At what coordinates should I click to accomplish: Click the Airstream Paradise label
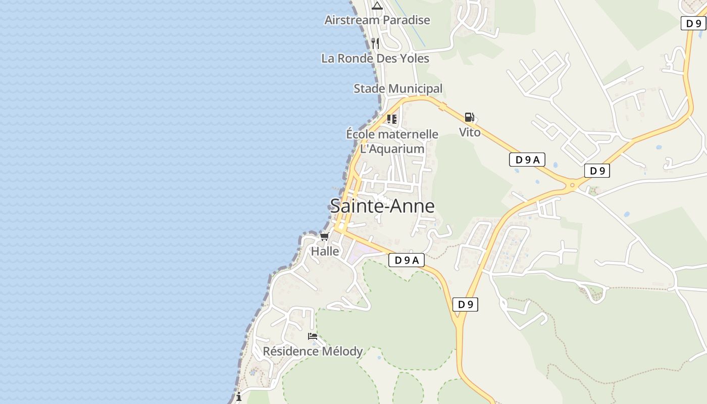pos(377,20)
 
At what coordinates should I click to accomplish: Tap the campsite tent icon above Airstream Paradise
pos(377,6)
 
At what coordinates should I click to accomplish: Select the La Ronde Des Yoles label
pos(375,59)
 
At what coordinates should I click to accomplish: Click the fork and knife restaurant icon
pos(375,43)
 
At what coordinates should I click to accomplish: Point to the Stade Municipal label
pos(398,89)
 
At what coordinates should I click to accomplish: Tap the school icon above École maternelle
pos(392,119)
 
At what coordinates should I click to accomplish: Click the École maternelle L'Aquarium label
pos(392,141)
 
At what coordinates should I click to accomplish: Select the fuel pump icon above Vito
pos(469,118)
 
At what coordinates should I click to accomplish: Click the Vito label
pos(470,132)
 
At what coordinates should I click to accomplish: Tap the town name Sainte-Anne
pos(382,206)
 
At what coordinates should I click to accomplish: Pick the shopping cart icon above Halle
pos(325,236)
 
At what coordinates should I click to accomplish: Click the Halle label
pos(325,251)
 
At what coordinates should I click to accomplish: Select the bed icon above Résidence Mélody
pos(313,336)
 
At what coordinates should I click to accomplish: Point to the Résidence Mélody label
pos(313,351)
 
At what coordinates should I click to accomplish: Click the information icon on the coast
pos(239,397)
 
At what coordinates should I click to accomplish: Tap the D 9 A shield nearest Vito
pos(527,160)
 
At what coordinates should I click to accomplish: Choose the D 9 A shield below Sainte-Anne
pos(407,260)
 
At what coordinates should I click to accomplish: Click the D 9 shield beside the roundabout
pos(597,171)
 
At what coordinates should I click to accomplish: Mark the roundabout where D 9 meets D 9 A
pos(572,185)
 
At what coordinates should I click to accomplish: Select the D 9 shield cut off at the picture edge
pos(693,23)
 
